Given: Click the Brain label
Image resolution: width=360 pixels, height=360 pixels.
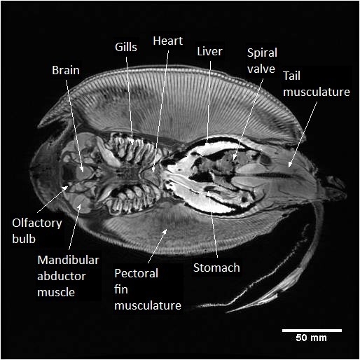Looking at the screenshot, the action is [66, 70].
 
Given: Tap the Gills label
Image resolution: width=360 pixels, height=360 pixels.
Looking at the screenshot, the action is [126, 47].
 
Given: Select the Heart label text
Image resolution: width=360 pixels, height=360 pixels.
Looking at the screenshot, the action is [167, 41].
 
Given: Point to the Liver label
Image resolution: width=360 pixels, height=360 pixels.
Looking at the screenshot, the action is [209, 51].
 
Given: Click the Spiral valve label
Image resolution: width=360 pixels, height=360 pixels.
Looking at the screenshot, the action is [262, 61].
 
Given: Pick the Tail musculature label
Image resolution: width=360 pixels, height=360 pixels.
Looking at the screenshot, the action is [317, 83].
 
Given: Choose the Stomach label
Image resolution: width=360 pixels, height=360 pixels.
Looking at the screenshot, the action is [216, 268].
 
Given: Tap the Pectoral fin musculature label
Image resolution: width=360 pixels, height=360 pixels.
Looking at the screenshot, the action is [148, 289].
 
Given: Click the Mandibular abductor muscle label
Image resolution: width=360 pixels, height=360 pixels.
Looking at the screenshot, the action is [68, 276].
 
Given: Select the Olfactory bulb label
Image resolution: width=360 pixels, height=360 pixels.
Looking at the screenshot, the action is [37, 231].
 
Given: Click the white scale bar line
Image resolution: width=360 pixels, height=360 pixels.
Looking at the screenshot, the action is [312, 331].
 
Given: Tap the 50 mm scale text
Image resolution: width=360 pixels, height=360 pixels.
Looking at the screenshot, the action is [311, 338].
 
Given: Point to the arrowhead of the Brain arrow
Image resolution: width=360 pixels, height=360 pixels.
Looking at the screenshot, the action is [82, 169].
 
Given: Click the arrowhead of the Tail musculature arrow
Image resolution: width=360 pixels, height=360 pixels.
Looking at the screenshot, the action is [289, 165].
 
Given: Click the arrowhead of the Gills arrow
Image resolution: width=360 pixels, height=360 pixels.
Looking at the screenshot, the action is [132, 142].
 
